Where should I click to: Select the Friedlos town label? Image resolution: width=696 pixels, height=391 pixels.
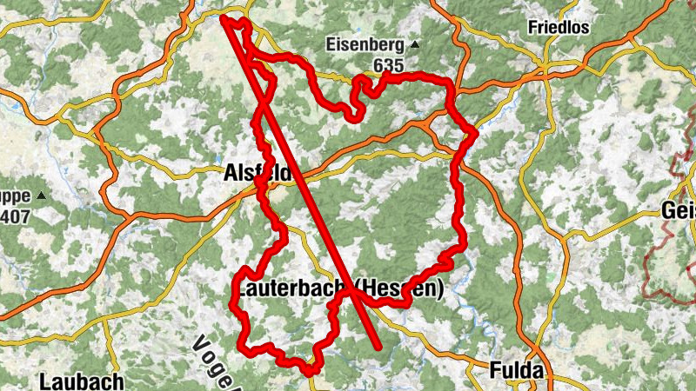coord(559,27)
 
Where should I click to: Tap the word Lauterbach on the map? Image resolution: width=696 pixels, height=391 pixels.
coord(291,287)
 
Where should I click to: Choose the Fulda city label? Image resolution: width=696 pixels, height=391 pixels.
coord(517,370)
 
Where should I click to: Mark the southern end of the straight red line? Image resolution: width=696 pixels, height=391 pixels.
coord(379,348)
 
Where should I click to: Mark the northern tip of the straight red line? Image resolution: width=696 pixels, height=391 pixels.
coord(224,17)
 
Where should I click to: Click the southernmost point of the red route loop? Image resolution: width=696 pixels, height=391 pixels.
coord(309,373)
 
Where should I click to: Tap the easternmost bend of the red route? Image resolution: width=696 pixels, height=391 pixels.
coord(476,132)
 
